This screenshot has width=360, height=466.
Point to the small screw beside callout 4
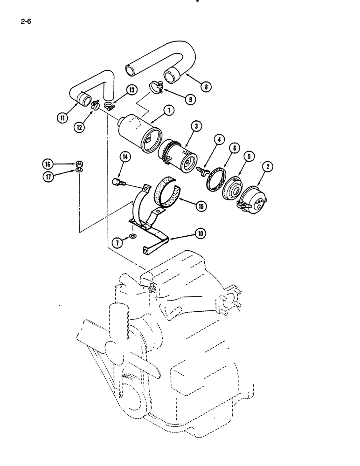[202, 171]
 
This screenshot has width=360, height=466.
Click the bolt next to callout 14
[118, 182]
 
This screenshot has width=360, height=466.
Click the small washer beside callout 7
[134, 238]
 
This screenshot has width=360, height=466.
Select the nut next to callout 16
[80, 164]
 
